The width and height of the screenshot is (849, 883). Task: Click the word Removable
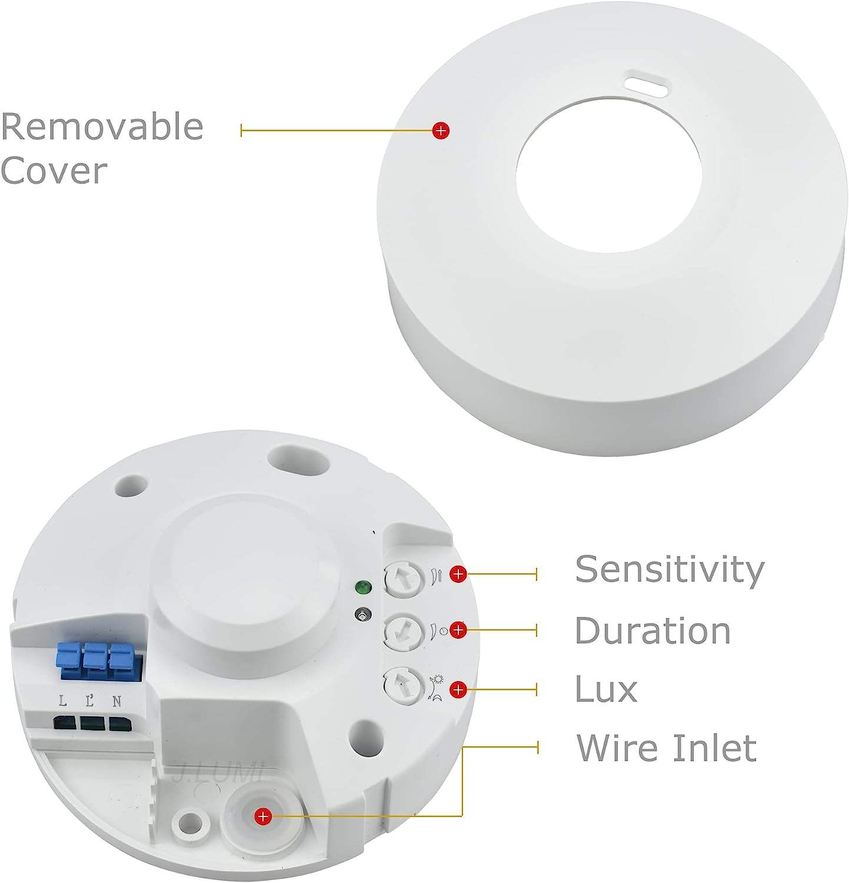pos(102,126)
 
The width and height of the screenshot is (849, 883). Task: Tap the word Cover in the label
pos(54,170)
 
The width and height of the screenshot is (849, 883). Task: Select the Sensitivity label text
pos(669,569)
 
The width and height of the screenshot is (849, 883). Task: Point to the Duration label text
pos(652,630)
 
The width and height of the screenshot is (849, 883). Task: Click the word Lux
pos(605,689)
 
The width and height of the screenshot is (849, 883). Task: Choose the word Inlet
pos(714,748)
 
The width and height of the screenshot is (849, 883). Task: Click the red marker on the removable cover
pos(441,131)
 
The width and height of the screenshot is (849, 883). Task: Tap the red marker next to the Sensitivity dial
pos(458,573)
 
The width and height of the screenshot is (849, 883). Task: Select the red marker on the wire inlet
pos(262,816)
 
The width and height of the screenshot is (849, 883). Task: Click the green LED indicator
pos(363,587)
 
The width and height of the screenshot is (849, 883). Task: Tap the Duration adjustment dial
pos(403,631)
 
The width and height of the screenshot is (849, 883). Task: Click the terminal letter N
pos(117,701)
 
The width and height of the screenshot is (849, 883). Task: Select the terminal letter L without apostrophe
pos(63,701)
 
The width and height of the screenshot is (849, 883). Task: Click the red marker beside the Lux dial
pos(458,689)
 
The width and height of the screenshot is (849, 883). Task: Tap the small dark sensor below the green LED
pos(363,615)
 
